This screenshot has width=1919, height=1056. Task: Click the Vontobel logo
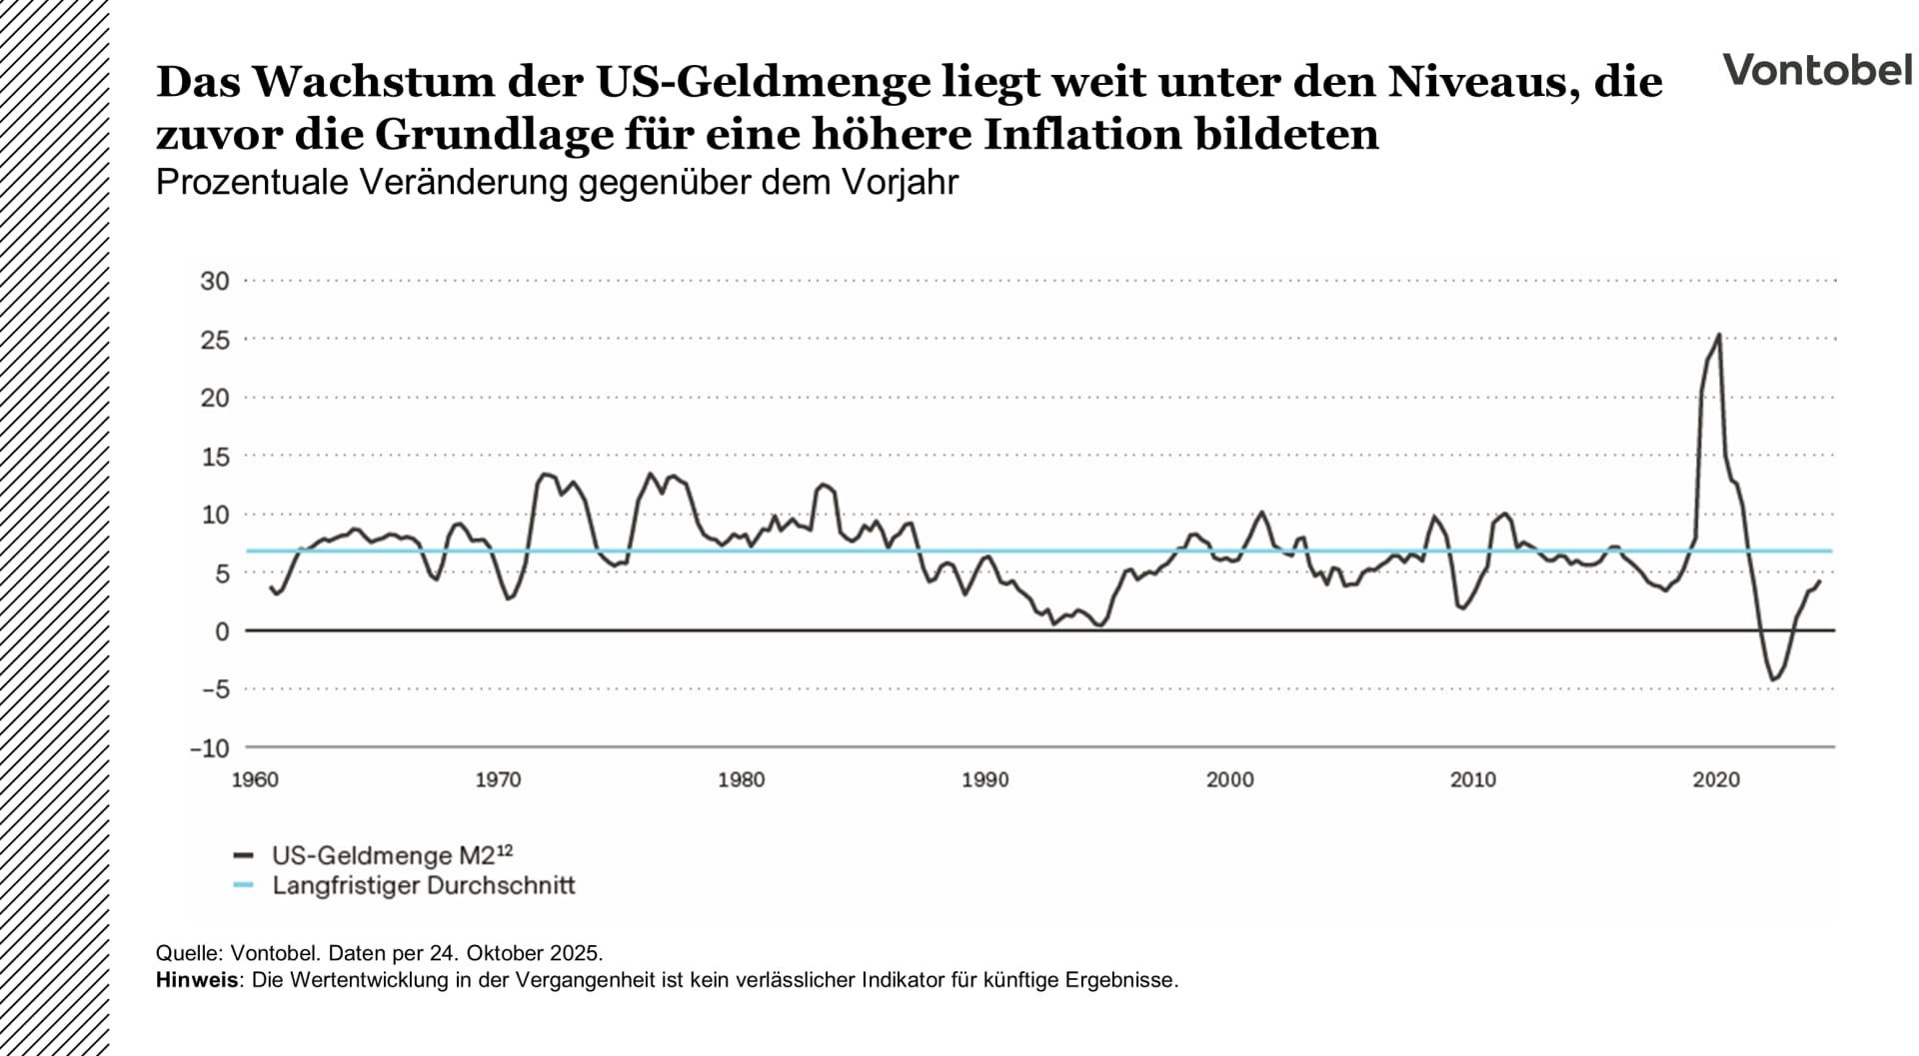(1816, 70)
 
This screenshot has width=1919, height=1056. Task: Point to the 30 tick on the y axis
(215, 281)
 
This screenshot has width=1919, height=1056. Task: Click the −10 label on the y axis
(210, 748)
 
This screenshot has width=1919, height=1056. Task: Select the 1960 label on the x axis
(255, 780)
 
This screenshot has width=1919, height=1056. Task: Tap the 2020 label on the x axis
(1716, 780)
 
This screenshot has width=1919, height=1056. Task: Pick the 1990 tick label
(984, 780)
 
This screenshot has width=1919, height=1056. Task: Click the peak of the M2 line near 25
(1718, 335)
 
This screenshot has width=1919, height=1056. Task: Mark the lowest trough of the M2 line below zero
(1773, 680)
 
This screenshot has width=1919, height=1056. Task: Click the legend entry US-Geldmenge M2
(392, 855)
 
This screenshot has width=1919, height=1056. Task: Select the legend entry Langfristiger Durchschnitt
(424, 886)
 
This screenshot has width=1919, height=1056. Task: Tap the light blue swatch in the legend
(243, 886)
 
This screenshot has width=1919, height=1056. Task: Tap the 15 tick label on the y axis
(215, 457)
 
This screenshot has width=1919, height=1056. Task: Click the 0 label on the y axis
(222, 631)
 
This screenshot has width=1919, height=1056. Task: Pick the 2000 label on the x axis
(1229, 780)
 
